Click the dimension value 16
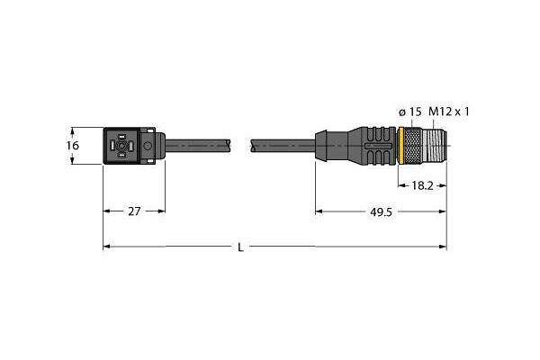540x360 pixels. point(74,145)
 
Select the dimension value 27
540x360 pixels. point(133,212)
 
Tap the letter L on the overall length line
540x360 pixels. point(240,247)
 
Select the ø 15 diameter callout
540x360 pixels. point(410,112)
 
